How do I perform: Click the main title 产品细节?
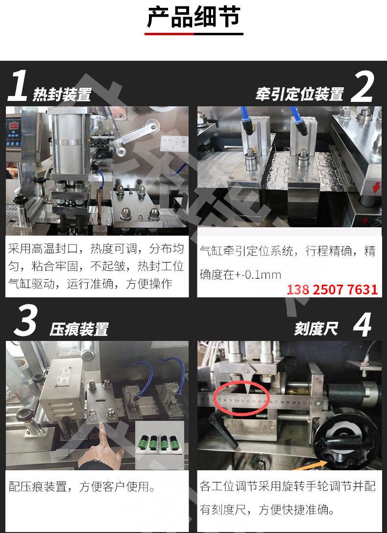click(193, 17)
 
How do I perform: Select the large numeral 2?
click(363, 86)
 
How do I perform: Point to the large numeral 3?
click(25, 321)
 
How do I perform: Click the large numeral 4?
click(362, 324)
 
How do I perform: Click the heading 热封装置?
click(62, 94)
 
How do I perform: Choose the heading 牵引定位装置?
click(300, 94)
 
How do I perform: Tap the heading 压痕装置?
click(79, 329)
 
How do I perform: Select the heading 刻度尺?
click(316, 329)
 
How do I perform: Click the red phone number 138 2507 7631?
click(332, 290)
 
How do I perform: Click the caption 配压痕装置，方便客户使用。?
click(82, 487)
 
